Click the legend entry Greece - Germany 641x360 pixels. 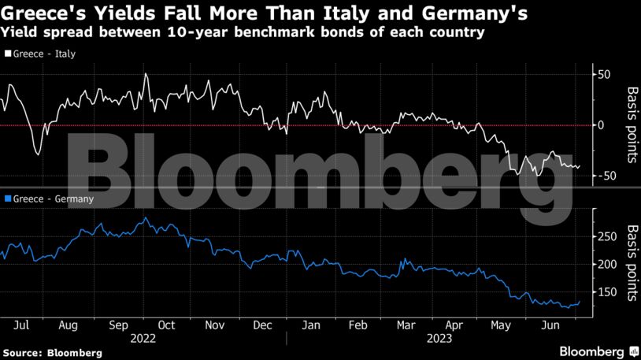point(49,199)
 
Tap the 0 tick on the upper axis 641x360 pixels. point(602,125)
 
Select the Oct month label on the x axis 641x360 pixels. point(166,324)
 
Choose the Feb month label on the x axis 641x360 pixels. point(358,324)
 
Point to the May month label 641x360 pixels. point(501,324)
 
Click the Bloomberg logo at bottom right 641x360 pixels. point(598,350)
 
